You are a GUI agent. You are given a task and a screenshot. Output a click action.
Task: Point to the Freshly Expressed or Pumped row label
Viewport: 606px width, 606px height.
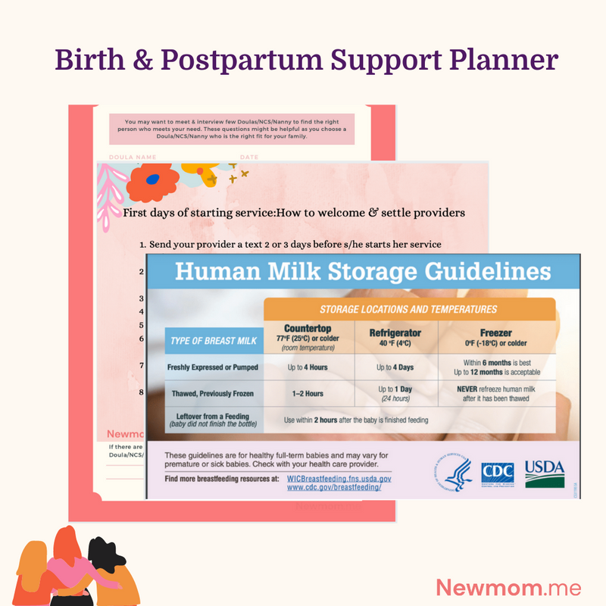pyautogui.click(x=213, y=367)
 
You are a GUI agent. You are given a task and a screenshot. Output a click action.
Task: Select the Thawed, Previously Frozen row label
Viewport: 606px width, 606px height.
pyautogui.click(x=213, y=393)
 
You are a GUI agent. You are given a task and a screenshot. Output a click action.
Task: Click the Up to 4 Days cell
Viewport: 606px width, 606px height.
pyautogui.click(x=395, y=367)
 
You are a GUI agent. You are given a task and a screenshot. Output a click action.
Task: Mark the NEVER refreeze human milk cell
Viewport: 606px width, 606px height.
pyautogui.click(x=496, y=393)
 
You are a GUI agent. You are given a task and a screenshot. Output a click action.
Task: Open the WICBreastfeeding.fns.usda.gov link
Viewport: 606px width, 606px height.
pyautogui.click(x=339, y=479)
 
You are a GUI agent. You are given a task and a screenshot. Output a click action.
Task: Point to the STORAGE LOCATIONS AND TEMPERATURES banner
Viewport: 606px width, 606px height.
pyautogui.click(x=408, y=309)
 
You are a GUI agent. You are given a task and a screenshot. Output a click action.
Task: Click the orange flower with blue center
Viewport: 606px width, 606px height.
pyautogui.click(x=152, y=180)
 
